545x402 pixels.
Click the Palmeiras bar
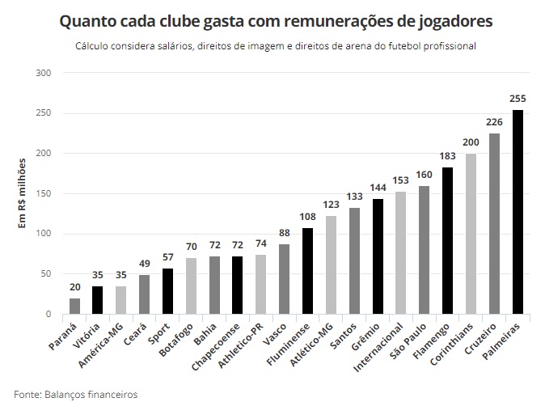point(518,212)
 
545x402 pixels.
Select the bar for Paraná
point(74,306)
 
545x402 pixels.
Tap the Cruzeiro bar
point(494,224)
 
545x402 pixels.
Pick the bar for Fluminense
point(307,271)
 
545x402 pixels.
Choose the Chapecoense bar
point(237,286)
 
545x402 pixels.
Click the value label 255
point(518,99)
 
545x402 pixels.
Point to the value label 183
point(447,156)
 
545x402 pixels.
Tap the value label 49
point(143,264)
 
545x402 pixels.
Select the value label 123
point(331,205)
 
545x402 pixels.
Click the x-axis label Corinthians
point(454,349)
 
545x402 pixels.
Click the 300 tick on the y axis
point(44,74)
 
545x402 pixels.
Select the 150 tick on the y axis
point(44,194)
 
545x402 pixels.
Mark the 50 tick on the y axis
point(46,274)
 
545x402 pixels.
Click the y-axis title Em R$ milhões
point(23,194)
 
